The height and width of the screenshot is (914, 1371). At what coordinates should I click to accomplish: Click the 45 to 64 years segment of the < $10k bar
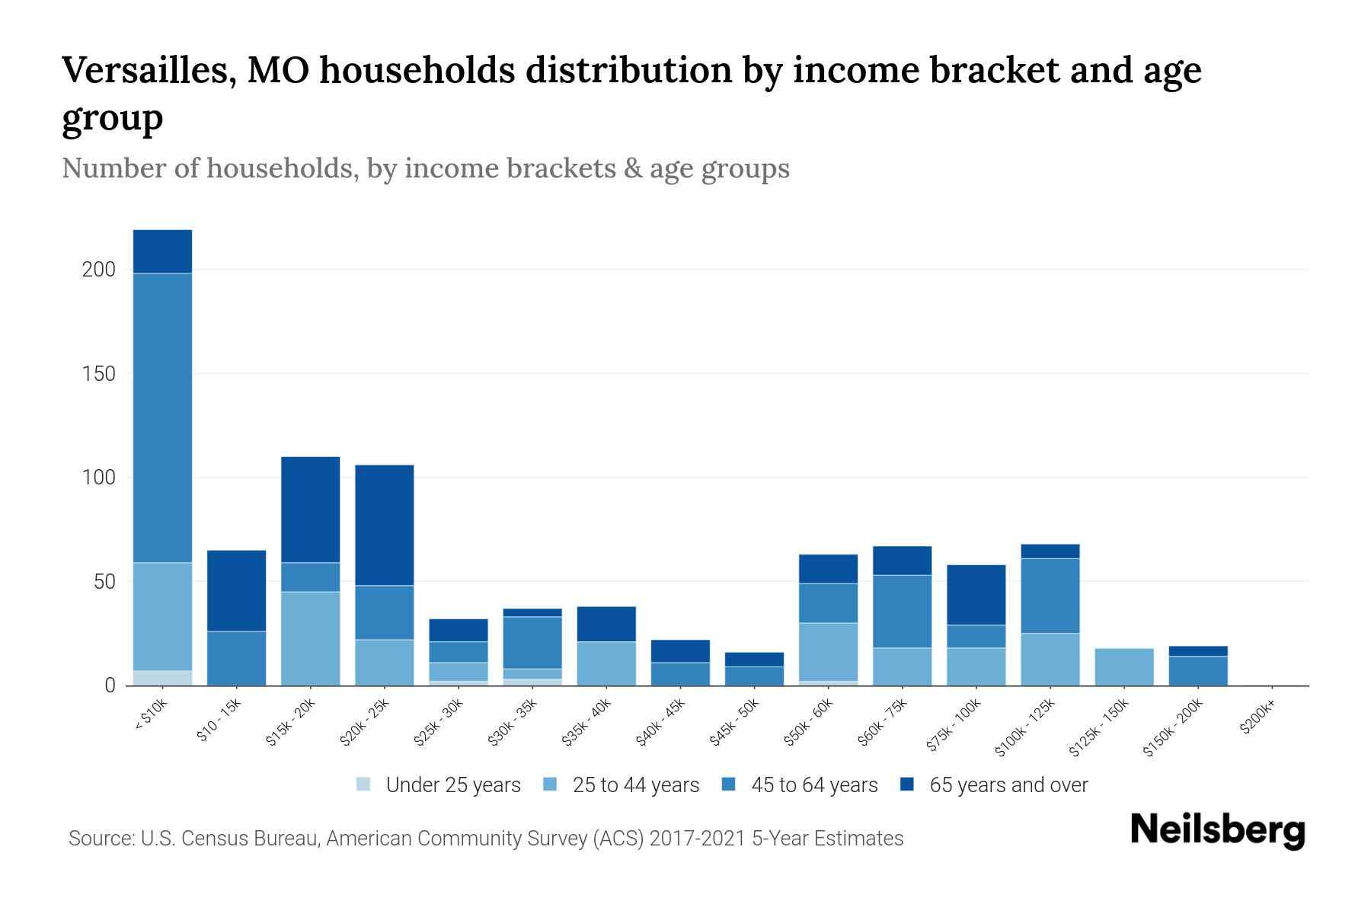[162, 417]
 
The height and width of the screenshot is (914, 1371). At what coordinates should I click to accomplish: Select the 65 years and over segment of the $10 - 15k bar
[236, 590]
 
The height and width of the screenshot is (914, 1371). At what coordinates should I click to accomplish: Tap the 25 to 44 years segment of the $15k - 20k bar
[310, 638]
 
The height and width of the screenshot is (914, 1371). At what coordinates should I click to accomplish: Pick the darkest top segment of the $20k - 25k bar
[384, 525]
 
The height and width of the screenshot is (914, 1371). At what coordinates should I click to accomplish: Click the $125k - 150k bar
[1123, 666]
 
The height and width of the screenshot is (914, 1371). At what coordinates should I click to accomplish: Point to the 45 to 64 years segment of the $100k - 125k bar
[1050, 596]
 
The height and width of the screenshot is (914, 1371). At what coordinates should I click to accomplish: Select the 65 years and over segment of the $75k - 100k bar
[976, 594]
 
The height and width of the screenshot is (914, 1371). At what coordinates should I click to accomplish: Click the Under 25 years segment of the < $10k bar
[162, 678]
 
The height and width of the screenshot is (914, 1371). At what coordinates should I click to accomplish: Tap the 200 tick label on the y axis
[99, 270]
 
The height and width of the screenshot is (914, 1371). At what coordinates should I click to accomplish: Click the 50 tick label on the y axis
[104, 582]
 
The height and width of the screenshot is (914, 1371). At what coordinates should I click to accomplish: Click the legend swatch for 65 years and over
[907, 785]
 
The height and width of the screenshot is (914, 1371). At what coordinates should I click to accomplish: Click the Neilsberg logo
[1217, 830]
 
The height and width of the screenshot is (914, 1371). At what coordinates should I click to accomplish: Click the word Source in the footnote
[100, 839]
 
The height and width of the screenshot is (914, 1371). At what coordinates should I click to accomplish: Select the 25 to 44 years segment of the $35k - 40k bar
[606, 663]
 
